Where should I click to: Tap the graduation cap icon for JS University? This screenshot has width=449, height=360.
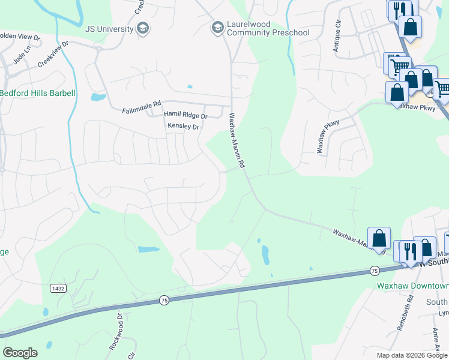click(x=143, y=28)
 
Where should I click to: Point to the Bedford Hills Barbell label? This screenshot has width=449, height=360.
click(x=37, y=93)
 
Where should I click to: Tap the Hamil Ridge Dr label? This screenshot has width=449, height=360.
click(x=186, y=116)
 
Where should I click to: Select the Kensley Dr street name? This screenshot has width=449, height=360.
click(x=183, y=127)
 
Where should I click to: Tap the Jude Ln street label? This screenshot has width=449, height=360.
click(x=21, y=58)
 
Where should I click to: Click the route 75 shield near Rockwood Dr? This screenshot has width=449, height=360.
click(x=164, y=299)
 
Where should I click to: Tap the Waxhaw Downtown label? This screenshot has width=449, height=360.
click(x=412, y=286)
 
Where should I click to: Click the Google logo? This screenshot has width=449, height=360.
click(x=20, y=353)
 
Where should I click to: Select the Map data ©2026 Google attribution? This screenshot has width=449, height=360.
click(x=412, y=355)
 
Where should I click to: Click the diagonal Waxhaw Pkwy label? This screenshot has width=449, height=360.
click(x=328, y=136)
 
